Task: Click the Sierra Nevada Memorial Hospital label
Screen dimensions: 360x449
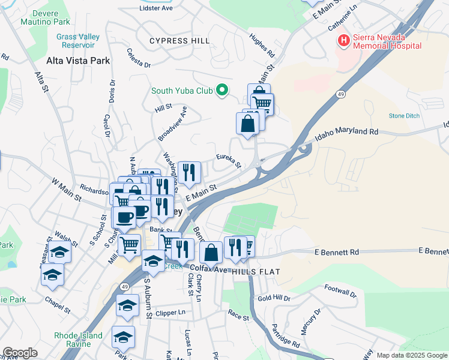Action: click(x=387, y=41)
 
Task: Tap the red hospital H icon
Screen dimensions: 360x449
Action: click(x=344, y=41)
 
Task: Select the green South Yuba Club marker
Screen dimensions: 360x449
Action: click(x=222, y=91)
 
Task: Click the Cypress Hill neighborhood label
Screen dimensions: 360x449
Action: click(x=179, y=41)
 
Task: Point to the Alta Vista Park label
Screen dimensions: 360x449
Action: click(x=78, y=61)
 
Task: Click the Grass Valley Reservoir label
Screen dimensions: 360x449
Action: click(x=78, y=41)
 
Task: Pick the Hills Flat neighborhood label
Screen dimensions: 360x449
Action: click(x=261, y=272)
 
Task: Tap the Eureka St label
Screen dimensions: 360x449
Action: click(x=229, y=161)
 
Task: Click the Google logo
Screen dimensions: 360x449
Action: click(x=20, y=353)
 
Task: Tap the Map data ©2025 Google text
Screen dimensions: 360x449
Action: click(x=412, y=355)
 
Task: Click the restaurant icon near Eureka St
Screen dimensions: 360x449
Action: click(x=189, y=173)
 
